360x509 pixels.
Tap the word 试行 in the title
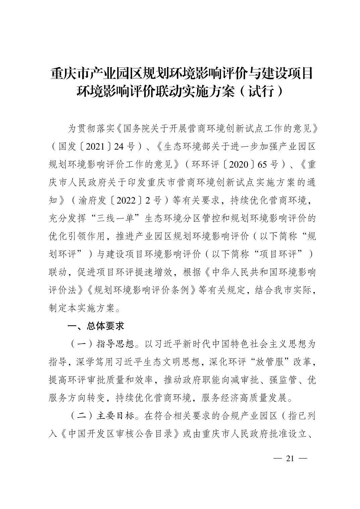pos(261,91)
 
